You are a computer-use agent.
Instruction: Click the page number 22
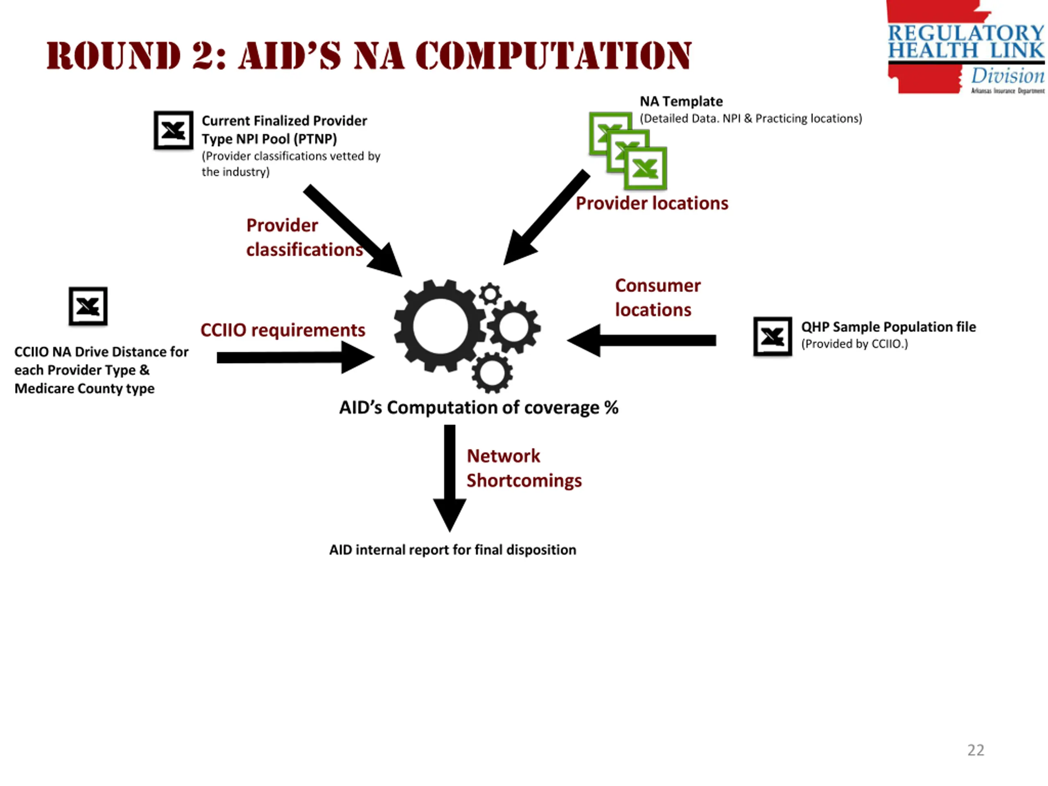point(975,750)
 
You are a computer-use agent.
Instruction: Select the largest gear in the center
point(440,326)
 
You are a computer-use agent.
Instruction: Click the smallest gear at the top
point(490,294)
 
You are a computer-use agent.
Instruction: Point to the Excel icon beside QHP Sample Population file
point(772,337)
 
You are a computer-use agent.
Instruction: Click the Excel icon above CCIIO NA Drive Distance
point(88,306)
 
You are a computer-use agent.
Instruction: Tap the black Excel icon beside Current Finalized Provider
point(174,130)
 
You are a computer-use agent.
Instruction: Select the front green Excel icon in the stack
point(645,168)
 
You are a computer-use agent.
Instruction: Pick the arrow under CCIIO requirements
point(295,357)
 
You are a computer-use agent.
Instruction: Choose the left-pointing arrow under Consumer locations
point(641,340)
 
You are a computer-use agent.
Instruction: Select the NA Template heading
point(681,102)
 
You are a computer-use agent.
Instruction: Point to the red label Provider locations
point(652,203)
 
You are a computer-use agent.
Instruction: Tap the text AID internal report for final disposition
point(452,549)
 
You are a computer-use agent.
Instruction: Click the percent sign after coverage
point(611,408)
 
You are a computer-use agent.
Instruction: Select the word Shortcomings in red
point(524,481)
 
